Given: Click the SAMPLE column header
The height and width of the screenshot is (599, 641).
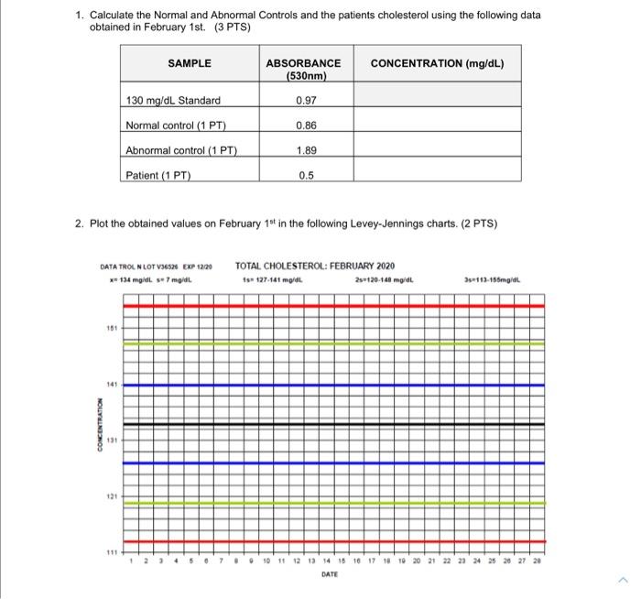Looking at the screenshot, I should [x=190, y=63].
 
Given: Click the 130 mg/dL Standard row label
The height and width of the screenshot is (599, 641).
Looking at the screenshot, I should [x=173, y=100].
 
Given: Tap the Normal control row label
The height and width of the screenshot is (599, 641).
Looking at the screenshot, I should [x=176, y=125].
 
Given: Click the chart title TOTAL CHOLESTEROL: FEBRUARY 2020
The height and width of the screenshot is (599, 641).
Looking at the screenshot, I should [x=314, y=267].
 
